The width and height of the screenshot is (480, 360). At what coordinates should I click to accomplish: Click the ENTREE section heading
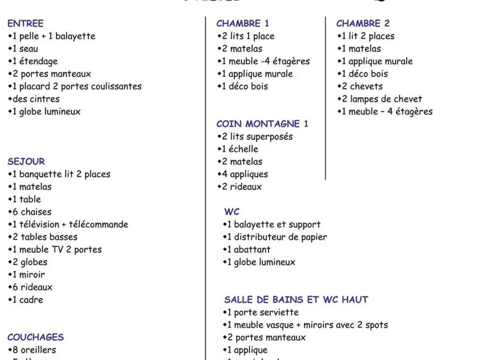click(x=25, y=23)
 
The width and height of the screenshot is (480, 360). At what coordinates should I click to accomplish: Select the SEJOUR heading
click(x=26, y=162)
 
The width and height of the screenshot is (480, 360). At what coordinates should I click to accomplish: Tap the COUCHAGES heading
click(x=36, y=337)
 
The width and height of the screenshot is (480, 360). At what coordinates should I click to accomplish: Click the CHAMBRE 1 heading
click(x=243, y=23)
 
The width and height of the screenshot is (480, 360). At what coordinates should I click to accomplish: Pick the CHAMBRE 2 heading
click(x=363, y=23)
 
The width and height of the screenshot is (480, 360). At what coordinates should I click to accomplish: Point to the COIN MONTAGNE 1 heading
click(x=262, y=124)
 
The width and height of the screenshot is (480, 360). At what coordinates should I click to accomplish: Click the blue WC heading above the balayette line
click(x=232, y=212)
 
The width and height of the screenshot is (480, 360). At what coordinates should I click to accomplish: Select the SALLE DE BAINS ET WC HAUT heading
click(x=296, y=300)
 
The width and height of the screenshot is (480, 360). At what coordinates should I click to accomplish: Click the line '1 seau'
click(x=25, y=49)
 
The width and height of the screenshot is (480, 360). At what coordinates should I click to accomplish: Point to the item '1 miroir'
click(x=29, y=275)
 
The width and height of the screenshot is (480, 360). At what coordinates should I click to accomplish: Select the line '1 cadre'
click(x=28, y=300)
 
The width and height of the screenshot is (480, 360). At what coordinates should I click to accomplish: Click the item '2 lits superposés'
click(x=257, y=137)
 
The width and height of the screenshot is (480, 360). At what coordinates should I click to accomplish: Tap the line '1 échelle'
click(x=240, y=150)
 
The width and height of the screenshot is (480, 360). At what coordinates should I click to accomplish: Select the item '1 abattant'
click(x=249, y=250)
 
